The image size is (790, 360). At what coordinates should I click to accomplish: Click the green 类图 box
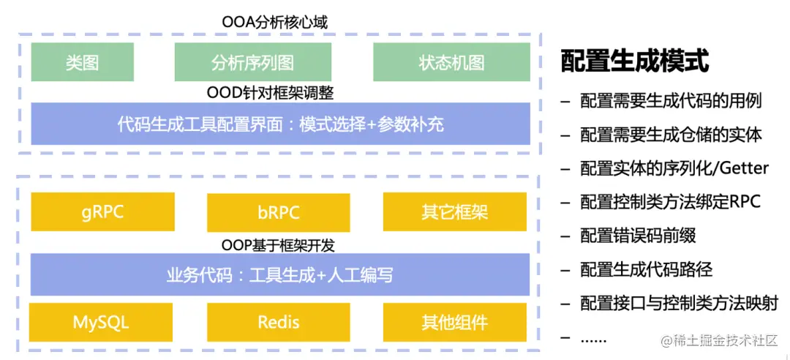(x=82, y=62)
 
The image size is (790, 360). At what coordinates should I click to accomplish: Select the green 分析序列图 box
(x=253, y=62)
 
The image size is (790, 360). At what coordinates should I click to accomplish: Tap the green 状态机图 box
(x=451, y=62)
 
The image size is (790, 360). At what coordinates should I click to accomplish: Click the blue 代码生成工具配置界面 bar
(x=281, y=124)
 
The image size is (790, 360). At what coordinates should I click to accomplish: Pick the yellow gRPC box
(x=103, y=211)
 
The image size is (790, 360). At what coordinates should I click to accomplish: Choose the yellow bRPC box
(x=279, y=211)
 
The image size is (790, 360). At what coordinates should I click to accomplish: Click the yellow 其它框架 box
(x=455, y=211)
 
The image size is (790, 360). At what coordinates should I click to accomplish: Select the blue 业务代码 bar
(x=280, y=275)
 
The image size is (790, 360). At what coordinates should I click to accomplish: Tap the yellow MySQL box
(x=101, y=322)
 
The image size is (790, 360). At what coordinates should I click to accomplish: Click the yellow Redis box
(x=279, y=322)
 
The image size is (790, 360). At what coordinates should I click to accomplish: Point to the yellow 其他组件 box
(x=455, y=322)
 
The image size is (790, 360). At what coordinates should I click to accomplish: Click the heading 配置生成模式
(x=635, y=61)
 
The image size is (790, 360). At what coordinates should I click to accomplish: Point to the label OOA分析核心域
(x=275, y=22)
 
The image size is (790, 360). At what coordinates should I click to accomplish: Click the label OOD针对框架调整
(x=271, y=93)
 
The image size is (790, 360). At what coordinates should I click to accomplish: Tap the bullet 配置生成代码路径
(x=647, y=269)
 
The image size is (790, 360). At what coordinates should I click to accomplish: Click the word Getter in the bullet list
(x=744, y=168)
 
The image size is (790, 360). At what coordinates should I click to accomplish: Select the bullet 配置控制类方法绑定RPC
(x=670, y=202)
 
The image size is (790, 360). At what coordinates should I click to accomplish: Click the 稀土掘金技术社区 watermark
(x=721, y=342)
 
